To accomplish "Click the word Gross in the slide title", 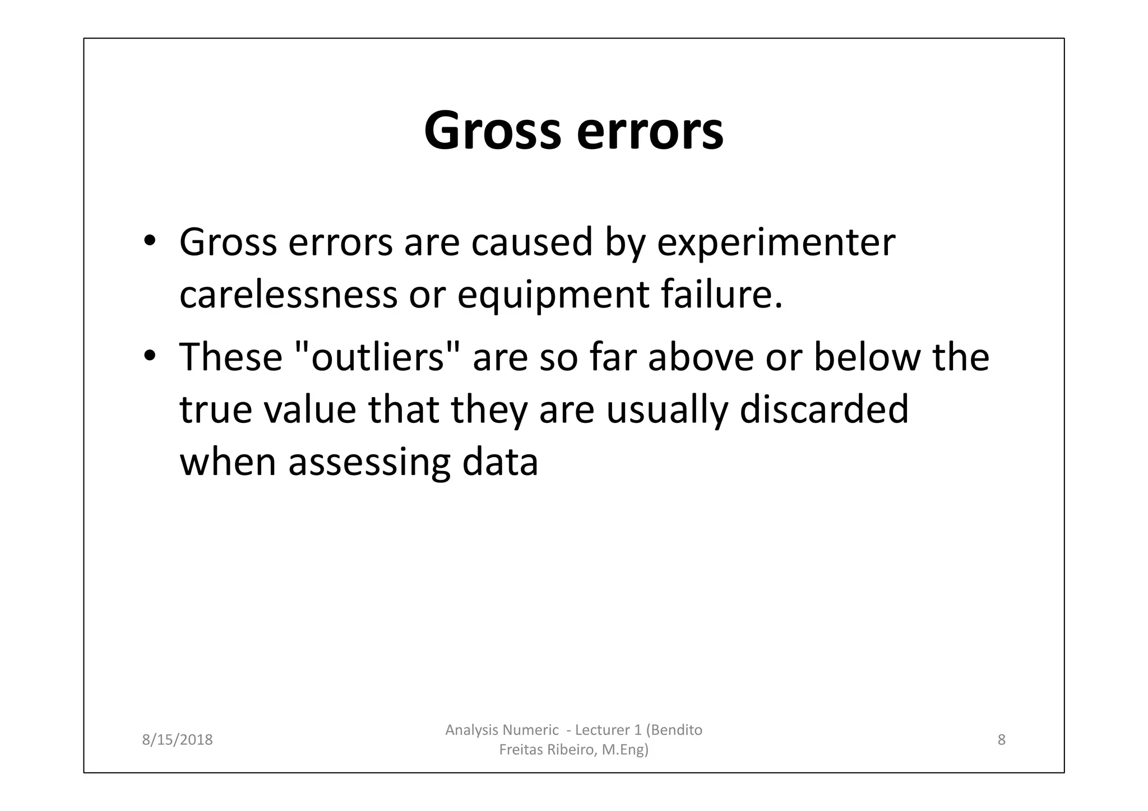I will (492, 130).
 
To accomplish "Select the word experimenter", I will (776, 243).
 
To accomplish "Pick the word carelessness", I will (288, 295).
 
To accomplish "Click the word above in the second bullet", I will (701, 357).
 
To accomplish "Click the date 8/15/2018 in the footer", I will (177, 740).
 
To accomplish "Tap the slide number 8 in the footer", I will (1001, 740).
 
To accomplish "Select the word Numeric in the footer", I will (530, 730).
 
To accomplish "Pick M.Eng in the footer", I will (624, 750).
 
